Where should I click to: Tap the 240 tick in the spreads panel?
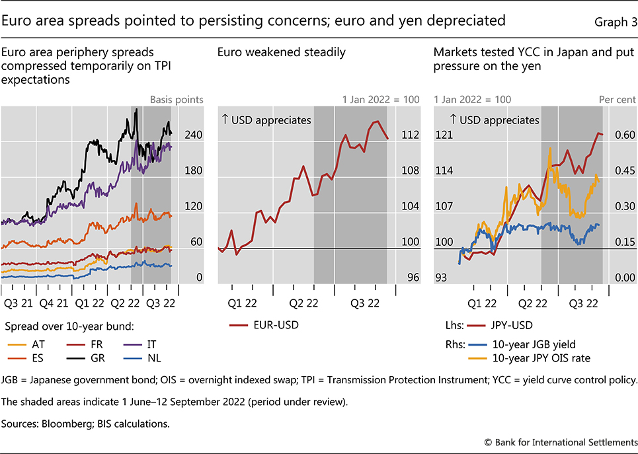point(193,135)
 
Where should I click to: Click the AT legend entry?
point(33,344)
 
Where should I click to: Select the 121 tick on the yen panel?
point(444,135)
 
